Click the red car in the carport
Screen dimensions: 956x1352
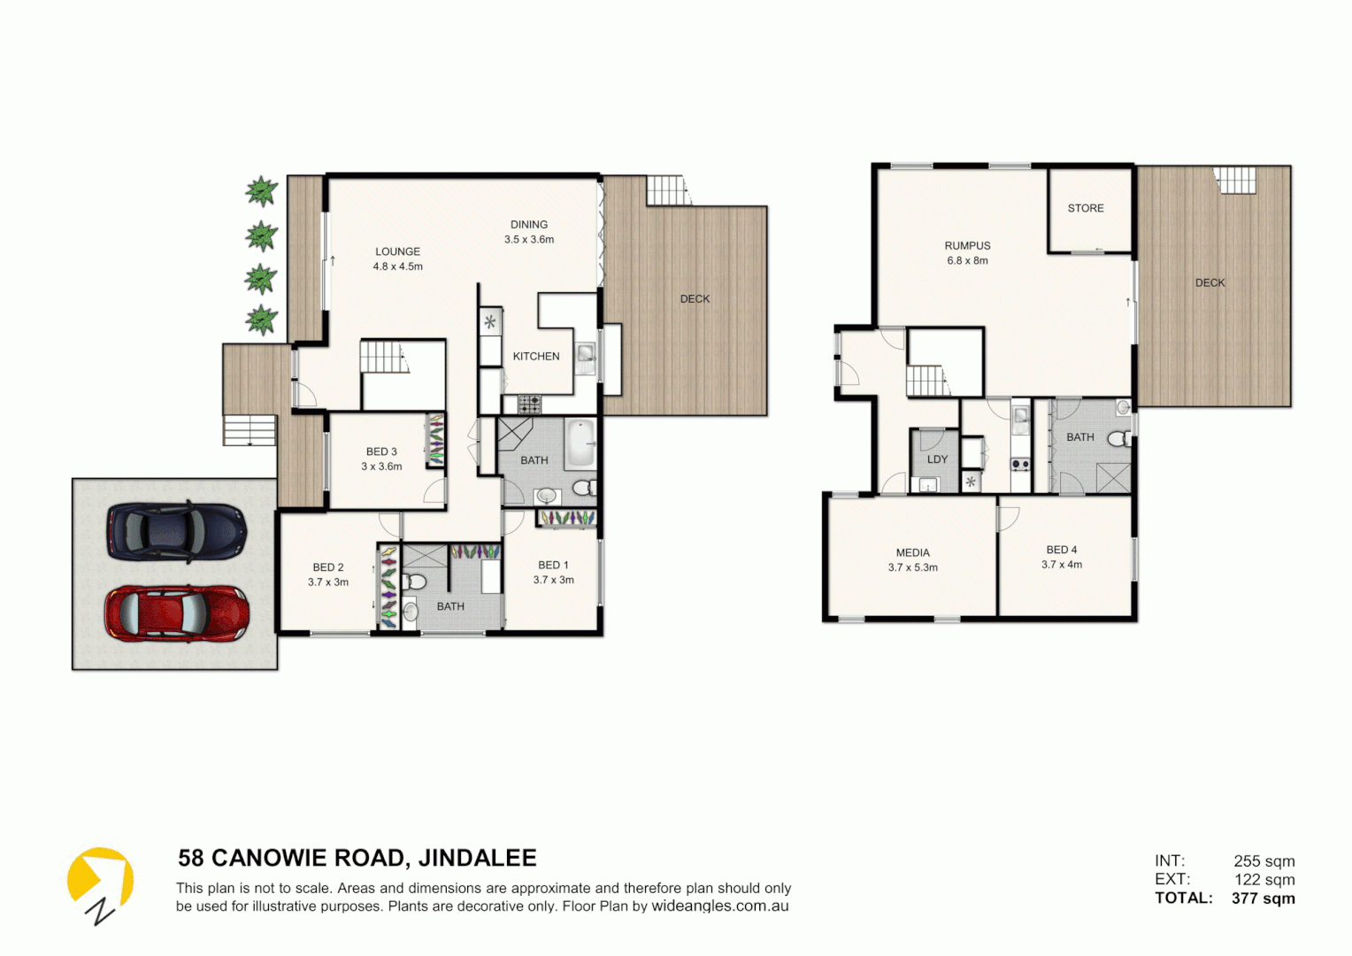[x=176, y=613]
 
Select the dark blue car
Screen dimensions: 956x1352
[x=176, y=531]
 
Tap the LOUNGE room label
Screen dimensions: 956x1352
[x=397, y=251]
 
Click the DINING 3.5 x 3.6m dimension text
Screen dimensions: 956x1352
[x=529, y=240]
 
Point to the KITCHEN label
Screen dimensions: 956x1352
[x=536, y=357]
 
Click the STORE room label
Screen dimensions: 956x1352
[x=1086, y=208]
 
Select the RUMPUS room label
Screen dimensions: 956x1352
[x=967, y=246]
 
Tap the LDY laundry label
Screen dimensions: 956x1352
[x=937, y=459]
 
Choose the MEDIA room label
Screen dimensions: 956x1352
[x=912, y=552]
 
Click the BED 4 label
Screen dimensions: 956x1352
[x=1062, y=550]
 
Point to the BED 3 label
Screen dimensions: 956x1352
[x=381, y=451]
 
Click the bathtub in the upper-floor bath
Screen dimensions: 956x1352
[x=580, y=443]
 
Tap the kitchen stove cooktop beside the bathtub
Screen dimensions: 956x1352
[x=529, y=405]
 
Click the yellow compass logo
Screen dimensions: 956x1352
[x=100, y=882]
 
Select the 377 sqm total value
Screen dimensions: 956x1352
[x=1263, y=898]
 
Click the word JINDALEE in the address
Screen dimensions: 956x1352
[x=477, y=859]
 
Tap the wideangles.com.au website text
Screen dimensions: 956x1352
[x=719, y=906]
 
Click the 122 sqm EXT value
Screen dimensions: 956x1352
[x=1264, y=880]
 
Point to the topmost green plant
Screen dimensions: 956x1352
[x=261, y=191]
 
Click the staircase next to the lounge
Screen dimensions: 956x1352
[x=383, y=358]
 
